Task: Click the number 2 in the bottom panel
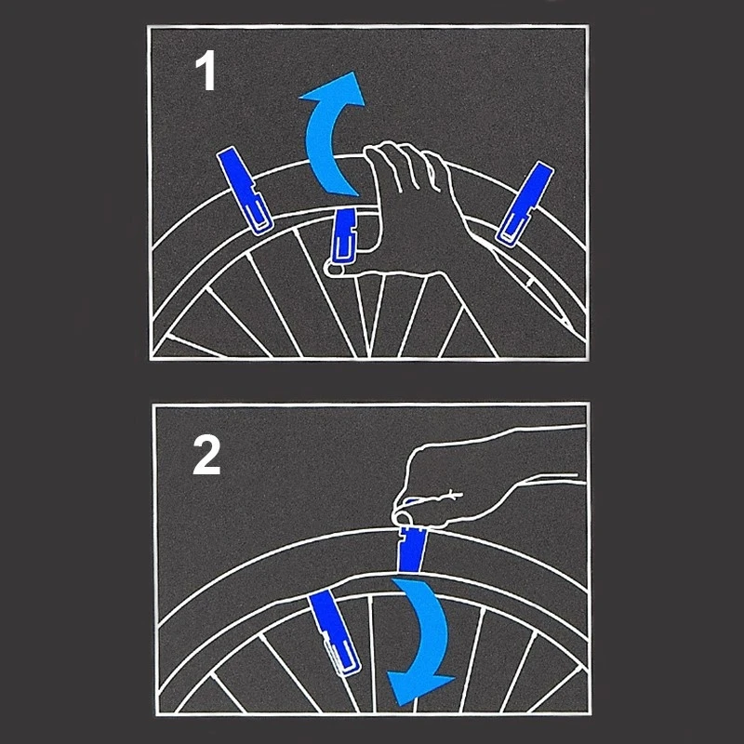click(206, 456)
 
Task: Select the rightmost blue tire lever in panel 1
click(525, 204)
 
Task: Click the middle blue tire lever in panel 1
click(344, 236)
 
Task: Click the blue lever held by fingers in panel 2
click(411, 546)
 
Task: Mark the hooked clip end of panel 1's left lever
click(259, 219)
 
